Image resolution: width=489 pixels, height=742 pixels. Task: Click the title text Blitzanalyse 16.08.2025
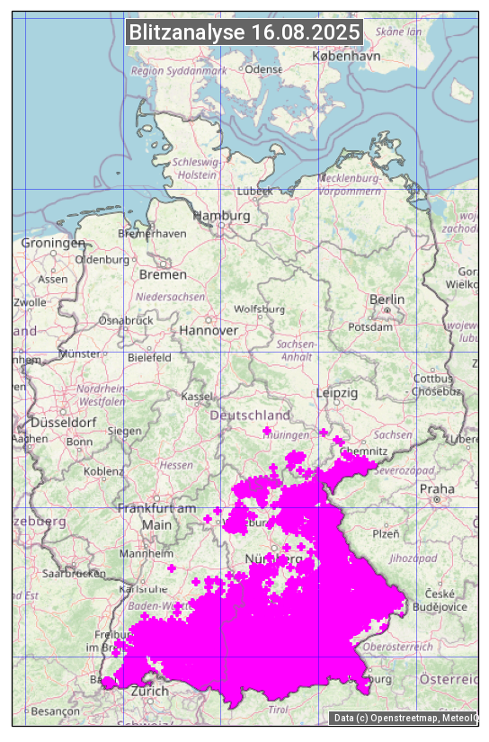[x=244, y=32]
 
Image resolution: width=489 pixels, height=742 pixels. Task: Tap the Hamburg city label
[x=222, y=217]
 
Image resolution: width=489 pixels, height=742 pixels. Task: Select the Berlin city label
[x=387, y=299]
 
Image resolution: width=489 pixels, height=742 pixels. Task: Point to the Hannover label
[x=209, y=331]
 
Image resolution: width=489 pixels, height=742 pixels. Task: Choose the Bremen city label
[x=163, y=274]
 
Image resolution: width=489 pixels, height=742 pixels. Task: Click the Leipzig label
[x=337, y=393]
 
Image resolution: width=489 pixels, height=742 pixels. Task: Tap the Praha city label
[x=437, y=489]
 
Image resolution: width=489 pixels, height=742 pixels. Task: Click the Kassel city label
[x=196, y=397]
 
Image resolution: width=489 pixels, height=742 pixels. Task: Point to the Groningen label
[x=53, y=243]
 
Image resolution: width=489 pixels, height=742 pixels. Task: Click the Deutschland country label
[x=250, y=416]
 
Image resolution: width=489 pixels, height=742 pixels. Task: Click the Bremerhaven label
[x=152, y=234]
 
